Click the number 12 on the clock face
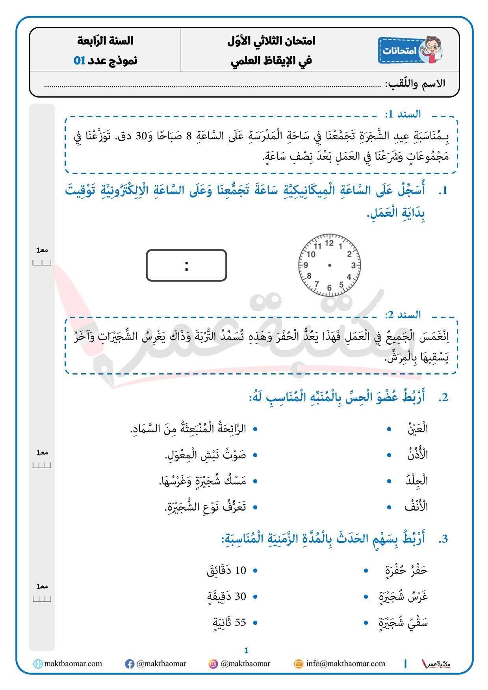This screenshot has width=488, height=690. (x=330, y=243)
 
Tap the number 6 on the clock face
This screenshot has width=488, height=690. (x=330, y=288)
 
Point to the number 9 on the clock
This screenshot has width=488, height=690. (x=306, y=265)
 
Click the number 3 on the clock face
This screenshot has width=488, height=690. (x=354, y=265)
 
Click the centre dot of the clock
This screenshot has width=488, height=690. (x=330, y=265)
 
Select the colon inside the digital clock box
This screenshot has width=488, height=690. (x=186, y=266)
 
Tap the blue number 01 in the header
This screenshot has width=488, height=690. (x=80, y=61)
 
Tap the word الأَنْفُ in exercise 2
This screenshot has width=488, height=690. (x=416, y=507)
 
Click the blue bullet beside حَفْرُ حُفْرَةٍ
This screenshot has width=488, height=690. (x=366, y=570)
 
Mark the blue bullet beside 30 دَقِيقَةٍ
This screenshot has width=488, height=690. (x=255, y=596)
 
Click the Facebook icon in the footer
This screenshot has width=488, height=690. (x=129, y=664)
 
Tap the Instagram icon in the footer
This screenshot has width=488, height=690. (x=213, y=664)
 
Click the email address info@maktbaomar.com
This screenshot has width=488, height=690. (x=345, y=664)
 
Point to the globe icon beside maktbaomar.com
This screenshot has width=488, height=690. (x=38, y=664)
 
